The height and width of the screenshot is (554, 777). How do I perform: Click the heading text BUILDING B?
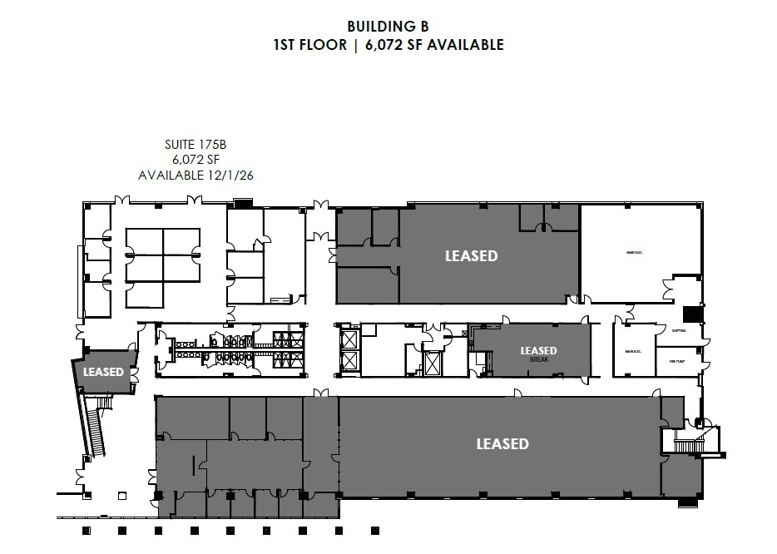tap(388, 26)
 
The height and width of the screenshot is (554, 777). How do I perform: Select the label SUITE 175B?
tap(195, 145)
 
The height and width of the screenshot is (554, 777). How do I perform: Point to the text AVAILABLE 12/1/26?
tap(195, 175)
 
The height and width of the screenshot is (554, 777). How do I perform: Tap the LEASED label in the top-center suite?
tap(471, 256)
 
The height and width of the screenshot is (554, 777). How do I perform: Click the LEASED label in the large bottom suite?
tap(502, 443)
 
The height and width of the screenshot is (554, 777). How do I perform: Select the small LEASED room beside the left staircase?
tap(103, 372)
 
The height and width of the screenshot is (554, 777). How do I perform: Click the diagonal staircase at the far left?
tap(95, 426)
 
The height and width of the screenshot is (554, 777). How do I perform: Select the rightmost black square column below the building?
tap(374, 529)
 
